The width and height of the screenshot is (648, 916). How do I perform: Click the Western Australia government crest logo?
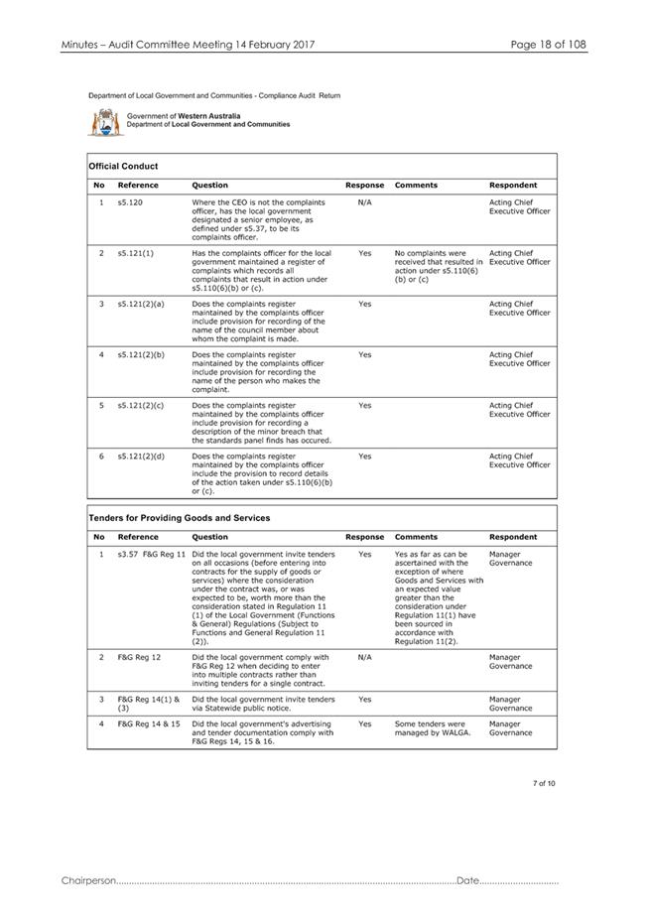(104, 122)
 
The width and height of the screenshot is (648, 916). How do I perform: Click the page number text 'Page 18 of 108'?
(549, 45)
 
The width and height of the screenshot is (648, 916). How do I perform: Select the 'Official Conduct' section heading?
(123, 166)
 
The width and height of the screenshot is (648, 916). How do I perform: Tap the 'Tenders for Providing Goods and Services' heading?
(180, 517)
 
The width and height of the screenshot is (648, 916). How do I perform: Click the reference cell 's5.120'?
(131, 202)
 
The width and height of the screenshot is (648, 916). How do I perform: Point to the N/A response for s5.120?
(364, 202)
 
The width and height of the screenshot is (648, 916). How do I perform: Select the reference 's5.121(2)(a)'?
(141, 304)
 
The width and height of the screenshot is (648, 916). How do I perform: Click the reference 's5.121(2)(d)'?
(141, 456)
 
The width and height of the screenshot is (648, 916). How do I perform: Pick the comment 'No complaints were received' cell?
(438, 266)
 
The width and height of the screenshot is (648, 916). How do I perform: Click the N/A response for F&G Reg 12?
(364, 657)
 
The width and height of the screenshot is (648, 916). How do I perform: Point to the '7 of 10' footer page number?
(543, 784)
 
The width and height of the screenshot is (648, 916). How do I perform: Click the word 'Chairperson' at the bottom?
(88, 881)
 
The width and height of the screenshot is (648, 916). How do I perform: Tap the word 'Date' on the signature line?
(468, 881)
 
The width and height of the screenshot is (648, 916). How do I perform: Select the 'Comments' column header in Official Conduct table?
(416, 185)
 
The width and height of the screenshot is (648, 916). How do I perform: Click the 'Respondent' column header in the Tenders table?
(513, 537)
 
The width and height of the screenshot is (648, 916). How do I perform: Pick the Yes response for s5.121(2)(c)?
(364, 405)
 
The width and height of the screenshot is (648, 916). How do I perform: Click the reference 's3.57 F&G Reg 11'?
(151, 554)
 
